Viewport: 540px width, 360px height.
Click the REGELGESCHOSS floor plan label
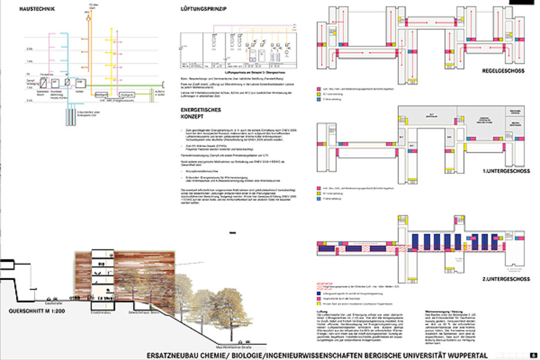pyautogui.click(x=503, y=71)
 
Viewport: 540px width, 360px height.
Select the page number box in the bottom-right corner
pyautogui.click(x=533, y=355)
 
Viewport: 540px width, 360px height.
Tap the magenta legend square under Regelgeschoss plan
pyautogui.click(x=318, y=88)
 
